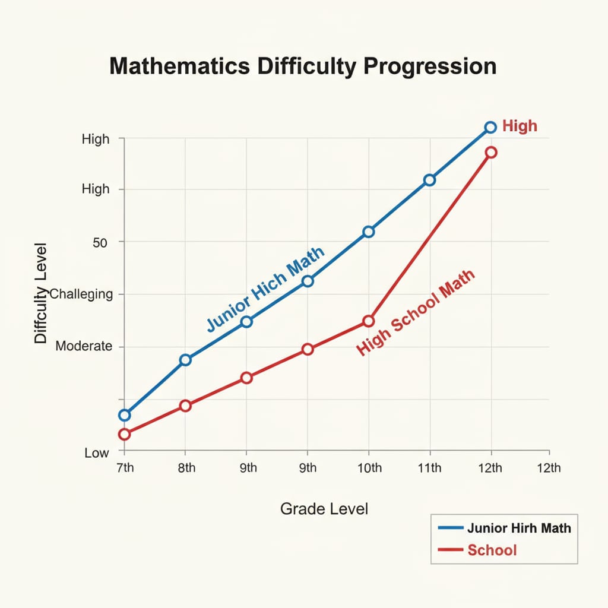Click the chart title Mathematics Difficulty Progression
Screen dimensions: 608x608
coord(303,66)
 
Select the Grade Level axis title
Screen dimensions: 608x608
coord(324,509)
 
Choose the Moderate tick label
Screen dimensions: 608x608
coord(84,346)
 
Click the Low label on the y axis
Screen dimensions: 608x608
coord(97,453)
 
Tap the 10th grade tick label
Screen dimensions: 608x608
coord(369,468)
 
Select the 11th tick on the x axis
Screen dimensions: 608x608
coord(429,468)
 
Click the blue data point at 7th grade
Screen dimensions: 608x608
coord(124,415)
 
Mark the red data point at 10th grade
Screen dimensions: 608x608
coord(369,321)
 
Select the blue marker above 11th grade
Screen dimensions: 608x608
coord(429,180)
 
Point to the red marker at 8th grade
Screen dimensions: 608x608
coord(185,406)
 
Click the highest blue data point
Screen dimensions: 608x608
coord(490,127)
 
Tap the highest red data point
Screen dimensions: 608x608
coord(490,153)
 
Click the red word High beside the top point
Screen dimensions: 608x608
coord(520,126)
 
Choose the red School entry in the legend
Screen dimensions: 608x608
coord(492,550)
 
